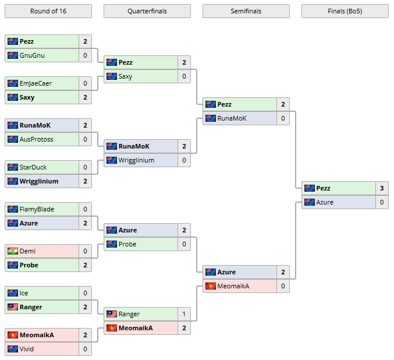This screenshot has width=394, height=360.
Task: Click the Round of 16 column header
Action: coord(48,11)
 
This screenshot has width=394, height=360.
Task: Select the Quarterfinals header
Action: coord(147,11)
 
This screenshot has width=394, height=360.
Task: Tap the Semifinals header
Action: coord(246,11)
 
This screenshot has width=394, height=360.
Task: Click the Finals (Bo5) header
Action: coord(345,11)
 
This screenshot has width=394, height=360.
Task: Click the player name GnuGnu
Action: coord(32,55)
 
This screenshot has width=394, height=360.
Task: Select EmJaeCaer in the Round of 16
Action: coord(36,83)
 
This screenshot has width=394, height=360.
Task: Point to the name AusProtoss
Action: coord(36,139)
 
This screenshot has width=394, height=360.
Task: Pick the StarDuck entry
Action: coord(34,167)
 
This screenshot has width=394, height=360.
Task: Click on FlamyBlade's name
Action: coord(36,209)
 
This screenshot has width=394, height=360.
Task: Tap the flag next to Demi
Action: coord(13,251)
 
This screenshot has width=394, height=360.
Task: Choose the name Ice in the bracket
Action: coord(24,293)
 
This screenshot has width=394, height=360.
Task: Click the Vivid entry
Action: coord(27,349)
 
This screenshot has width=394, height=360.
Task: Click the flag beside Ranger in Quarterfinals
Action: coord(112,314)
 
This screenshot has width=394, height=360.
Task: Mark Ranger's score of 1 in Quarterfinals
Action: coord(184,314)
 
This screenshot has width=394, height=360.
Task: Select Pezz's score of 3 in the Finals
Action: coord(382,188)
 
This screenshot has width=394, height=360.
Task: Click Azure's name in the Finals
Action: coord(325,202)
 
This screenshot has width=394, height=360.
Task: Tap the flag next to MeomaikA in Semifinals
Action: coord(211,286)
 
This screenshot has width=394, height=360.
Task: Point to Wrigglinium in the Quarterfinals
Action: coord(136,160)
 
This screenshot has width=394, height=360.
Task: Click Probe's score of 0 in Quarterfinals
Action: coord(184,244)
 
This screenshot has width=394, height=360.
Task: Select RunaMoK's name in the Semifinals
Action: coord(232,118)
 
